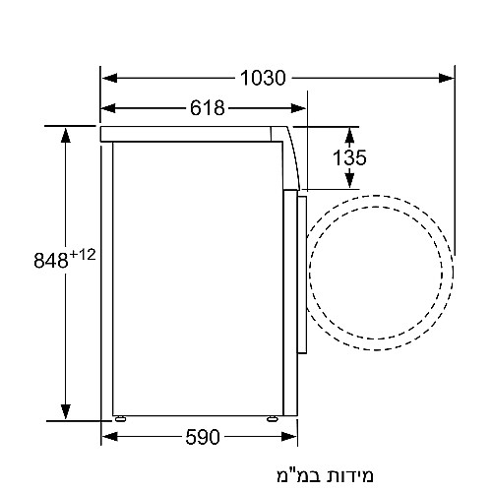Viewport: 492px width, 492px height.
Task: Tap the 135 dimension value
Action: click(x=348, y=156)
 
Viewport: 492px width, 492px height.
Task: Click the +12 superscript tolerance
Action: click(x=83, y=255)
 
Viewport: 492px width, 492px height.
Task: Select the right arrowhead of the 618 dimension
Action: click(x=298, y=107)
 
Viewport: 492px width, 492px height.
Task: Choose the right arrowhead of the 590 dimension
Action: click(x=288, y=436)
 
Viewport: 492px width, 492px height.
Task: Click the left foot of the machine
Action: click(x=119, y=417)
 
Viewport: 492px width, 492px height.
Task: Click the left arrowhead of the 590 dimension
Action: click(x=109, y=436)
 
